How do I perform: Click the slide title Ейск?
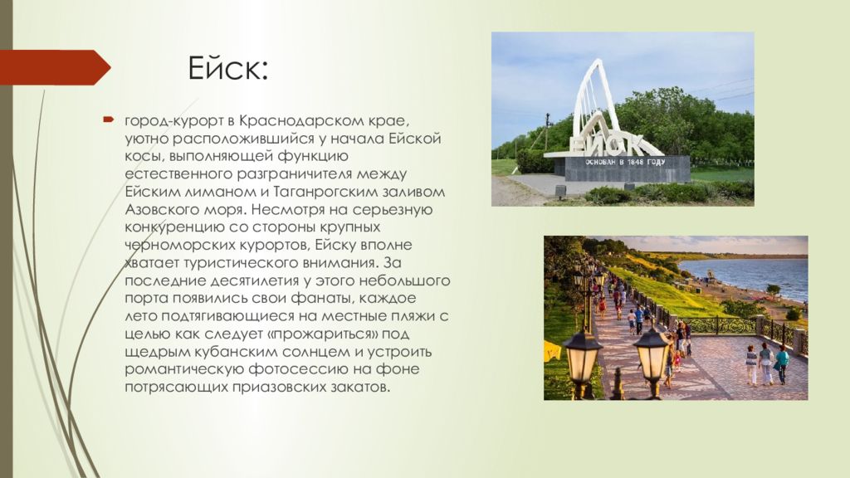point(228,68)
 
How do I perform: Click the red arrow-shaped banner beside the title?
point(55,67)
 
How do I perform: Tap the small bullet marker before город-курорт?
point(109,119)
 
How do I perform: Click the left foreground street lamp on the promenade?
point(582,360)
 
